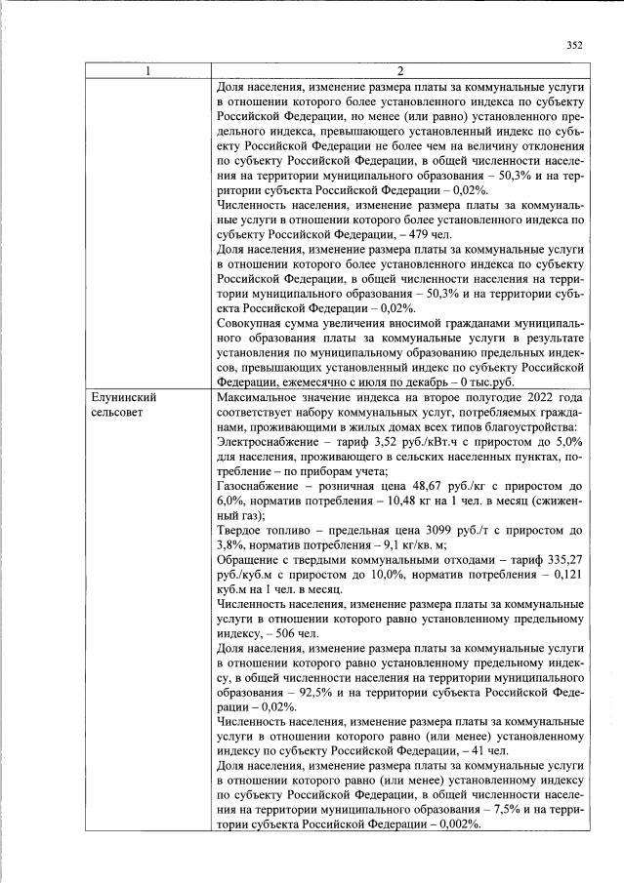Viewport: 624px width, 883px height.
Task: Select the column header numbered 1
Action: pos(148,71)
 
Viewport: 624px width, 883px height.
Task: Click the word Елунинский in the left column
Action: pos(124,398)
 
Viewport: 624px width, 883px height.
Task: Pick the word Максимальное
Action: pos(264,398)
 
